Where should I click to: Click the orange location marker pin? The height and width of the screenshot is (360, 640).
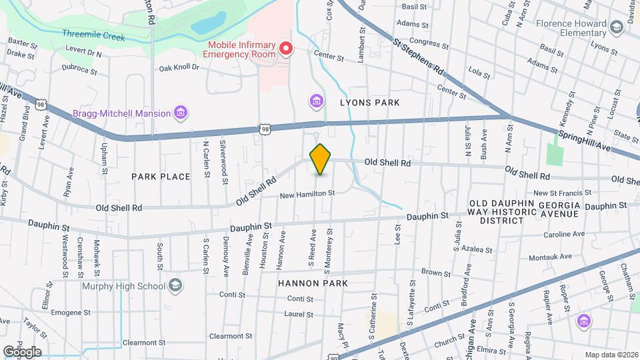point(320,159)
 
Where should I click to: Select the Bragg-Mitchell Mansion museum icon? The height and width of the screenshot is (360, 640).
point(180,113)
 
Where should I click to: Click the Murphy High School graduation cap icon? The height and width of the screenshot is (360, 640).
point(175,286)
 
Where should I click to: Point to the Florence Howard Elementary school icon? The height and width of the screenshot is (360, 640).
point(616,27)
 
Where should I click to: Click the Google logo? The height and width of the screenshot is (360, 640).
point(22,351)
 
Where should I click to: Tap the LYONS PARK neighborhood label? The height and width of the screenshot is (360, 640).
point(369,103)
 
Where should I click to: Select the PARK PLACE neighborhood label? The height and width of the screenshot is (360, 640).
point(161,177)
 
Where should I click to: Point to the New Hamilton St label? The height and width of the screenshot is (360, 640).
point(306,194)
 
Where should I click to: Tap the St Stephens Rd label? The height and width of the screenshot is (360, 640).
point(419,56)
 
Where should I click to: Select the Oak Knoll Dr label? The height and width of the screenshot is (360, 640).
point(179,67)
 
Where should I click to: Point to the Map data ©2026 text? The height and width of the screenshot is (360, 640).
point(610,355)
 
